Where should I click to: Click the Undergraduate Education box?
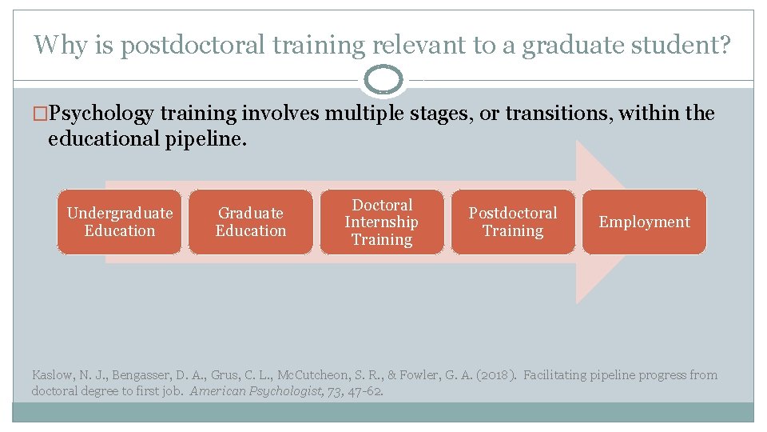tap(120, 222)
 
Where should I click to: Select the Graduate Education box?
tap(251, 222)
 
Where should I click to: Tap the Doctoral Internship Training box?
tap(382, 222)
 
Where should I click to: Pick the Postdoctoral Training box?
tap(513, 222)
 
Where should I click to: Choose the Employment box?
tap(644, 222)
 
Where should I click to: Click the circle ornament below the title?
tap(383, 80)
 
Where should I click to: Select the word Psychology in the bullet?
tap(101, 114)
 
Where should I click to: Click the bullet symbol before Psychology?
tap(41, 114)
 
